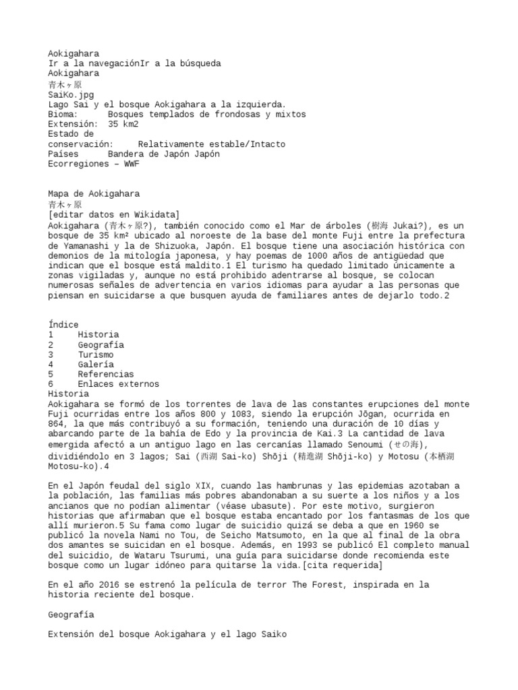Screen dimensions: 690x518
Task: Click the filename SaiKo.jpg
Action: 67,95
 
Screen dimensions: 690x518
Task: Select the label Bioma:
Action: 63,115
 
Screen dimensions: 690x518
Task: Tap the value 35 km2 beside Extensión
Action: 123,125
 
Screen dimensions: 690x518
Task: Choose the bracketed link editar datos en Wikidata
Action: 113,214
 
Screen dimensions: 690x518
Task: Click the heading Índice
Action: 63,325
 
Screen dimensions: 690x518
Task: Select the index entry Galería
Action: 96,365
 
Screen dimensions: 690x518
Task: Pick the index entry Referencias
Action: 105,374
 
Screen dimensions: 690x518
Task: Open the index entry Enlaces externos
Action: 118,384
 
